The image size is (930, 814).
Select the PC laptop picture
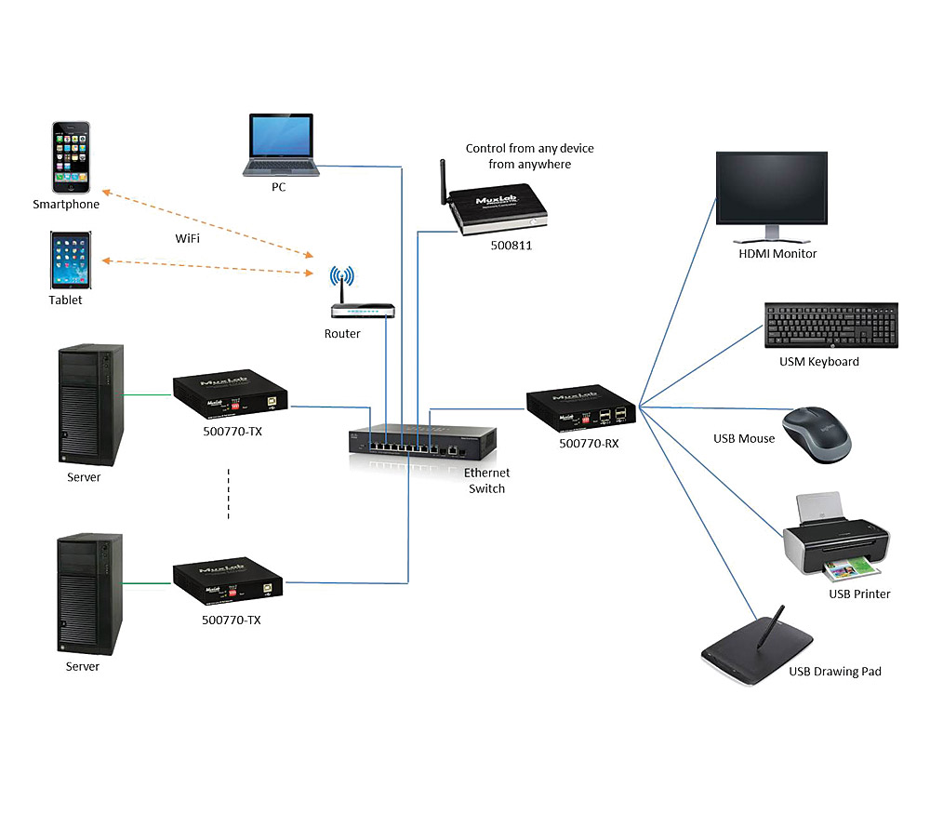coord(282,145)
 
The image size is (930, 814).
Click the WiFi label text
coord(189,239)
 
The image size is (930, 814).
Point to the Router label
coord(342,333)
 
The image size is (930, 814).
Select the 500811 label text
coord(512,247)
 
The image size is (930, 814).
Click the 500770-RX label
coord(589,444)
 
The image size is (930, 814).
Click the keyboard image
coord(830,327)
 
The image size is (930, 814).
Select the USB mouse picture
coord(816,432)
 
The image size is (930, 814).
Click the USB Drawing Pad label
coord(834,671)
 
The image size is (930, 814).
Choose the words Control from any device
coord(529,148)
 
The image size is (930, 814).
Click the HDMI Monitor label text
coord(777,253)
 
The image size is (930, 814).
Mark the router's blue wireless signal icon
coord(342,276)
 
